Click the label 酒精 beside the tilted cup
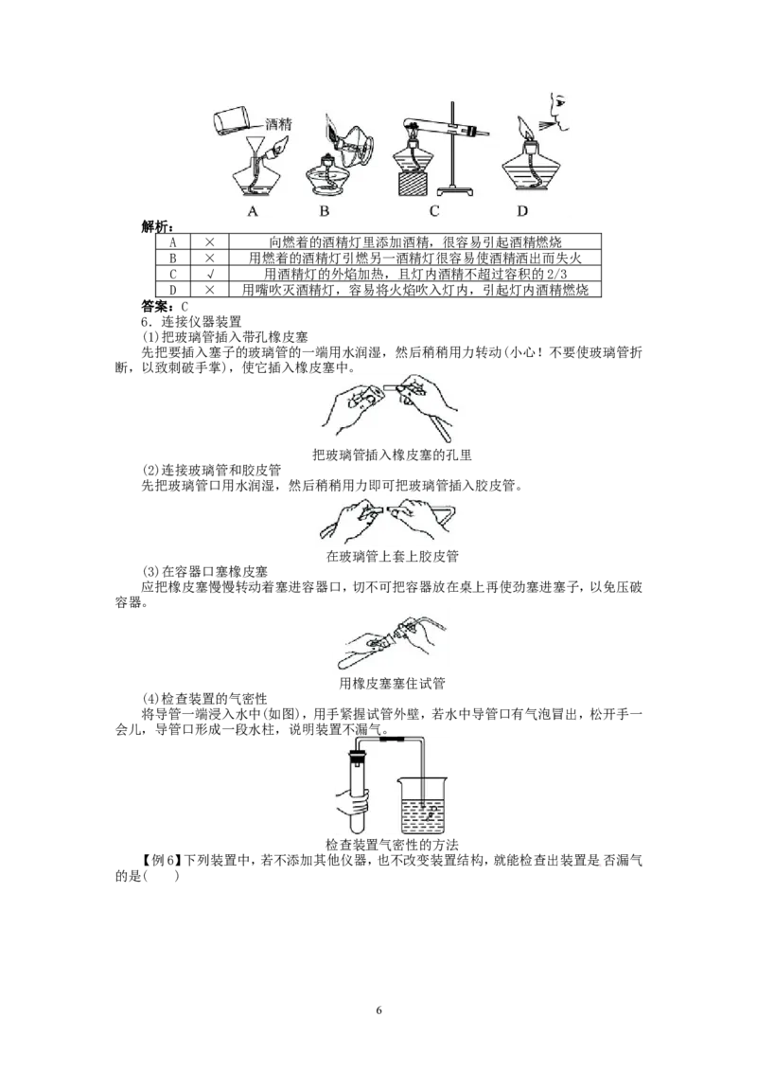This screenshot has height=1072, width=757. [278, 124]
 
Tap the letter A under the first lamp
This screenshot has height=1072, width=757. [253, 211]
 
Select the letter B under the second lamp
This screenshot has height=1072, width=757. [325, 211]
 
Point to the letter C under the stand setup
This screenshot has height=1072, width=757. [434, 211]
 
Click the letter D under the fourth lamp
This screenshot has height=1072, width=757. [522, 211]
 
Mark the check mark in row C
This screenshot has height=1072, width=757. [210, 274]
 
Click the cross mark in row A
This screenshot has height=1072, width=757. [210, 242]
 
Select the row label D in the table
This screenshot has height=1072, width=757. [173, 290]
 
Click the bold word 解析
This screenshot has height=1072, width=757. [156, 227]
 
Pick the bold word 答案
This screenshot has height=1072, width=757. [156, 306]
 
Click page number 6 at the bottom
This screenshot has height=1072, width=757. [379, 1010]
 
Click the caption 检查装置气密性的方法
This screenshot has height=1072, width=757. [392, 845]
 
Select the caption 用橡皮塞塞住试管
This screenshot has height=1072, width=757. [392, 683]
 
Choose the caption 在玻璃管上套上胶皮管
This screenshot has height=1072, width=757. [392, 556]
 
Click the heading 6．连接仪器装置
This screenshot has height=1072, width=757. [191, 321]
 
